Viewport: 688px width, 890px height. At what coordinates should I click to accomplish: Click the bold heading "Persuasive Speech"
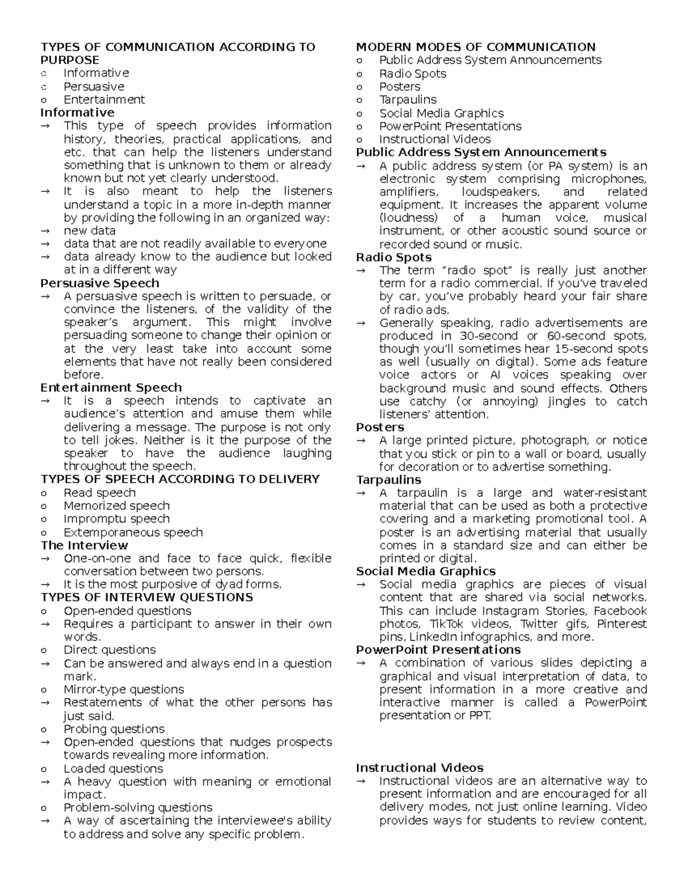click(x=100, y=283)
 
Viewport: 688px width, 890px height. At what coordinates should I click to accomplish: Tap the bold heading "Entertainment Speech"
click(x=111, y=388)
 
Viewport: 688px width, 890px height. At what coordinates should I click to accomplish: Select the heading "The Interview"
click(x=84, y=546)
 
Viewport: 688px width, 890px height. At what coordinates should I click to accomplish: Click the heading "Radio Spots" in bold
click(x=394, y=257)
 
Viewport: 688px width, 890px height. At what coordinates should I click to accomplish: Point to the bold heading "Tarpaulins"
click(x=389, y=480)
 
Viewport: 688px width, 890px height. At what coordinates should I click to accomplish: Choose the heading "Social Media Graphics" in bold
click(x=425, y=571)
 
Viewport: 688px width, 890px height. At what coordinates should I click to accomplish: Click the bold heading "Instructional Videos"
click(x=420, y=768)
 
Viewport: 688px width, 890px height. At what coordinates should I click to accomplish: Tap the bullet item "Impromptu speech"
click(x=116, y=519)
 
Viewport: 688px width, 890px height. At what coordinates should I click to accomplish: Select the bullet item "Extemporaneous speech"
click(x=133, y=532)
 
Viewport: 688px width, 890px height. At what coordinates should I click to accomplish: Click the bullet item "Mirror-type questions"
click(x=124, y=689)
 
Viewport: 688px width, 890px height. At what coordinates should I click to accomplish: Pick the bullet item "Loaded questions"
click(x=113, y=769)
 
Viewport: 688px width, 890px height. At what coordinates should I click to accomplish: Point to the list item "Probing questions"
click(x=114, y=729)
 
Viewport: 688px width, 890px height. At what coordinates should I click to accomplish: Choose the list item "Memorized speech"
click(x=116, y=506)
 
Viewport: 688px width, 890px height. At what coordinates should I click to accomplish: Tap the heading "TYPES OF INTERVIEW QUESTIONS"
click(x=147, y=598)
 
